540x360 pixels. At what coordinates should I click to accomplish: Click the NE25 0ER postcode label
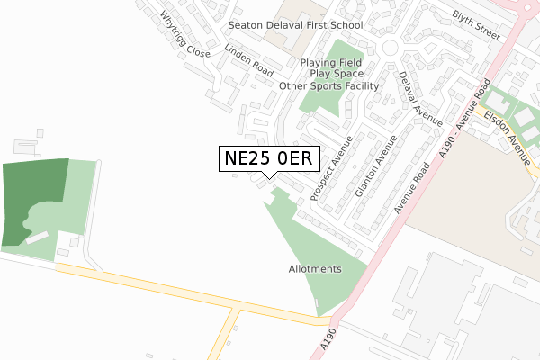(x=269, y=158)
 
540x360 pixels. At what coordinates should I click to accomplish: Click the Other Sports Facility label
(x=328, y=86)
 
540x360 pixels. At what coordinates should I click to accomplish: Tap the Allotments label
(x=315, y=269)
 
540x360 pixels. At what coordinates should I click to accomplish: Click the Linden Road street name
(x=248, y=59)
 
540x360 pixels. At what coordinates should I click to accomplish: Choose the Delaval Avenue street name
(x=419, y=98)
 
